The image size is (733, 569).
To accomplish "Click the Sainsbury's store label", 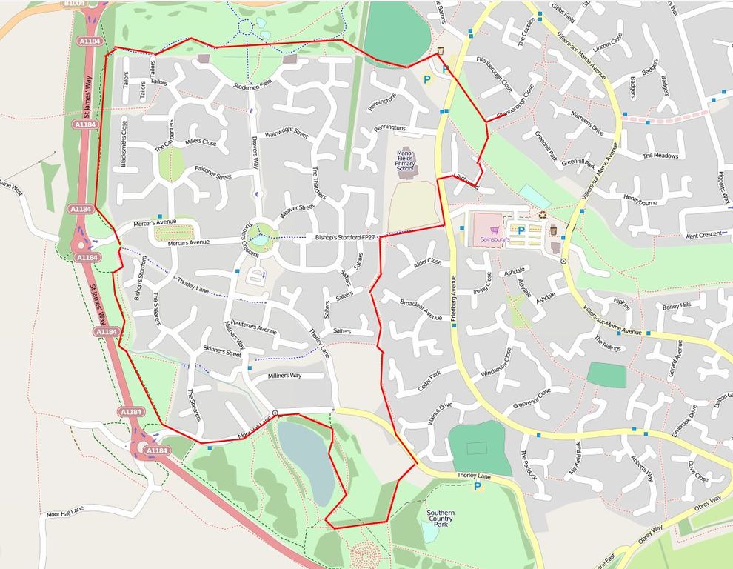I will coord(496,241).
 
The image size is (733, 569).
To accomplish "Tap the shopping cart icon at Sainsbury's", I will coord(495,230).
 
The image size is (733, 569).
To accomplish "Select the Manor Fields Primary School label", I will coord(405,162).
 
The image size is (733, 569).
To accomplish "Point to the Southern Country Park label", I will coord(441,518).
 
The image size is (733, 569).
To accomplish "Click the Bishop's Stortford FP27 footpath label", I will coord(346,238).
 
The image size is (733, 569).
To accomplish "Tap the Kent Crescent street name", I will coord(703,235).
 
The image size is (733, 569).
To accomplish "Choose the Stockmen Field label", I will coord(252,84).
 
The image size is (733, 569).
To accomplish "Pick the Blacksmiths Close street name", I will coord(124,143).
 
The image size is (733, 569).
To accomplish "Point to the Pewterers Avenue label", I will coord(253,327).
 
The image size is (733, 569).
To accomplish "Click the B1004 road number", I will coord(75,4).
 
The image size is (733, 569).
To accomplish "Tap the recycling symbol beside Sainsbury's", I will coord(543,216).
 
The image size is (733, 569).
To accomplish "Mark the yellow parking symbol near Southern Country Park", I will coord(478,487).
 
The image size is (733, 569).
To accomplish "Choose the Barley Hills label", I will coord(676,305).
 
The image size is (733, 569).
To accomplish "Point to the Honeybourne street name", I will coord(640,201).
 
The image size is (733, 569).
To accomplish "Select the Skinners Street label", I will coord(222,353).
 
